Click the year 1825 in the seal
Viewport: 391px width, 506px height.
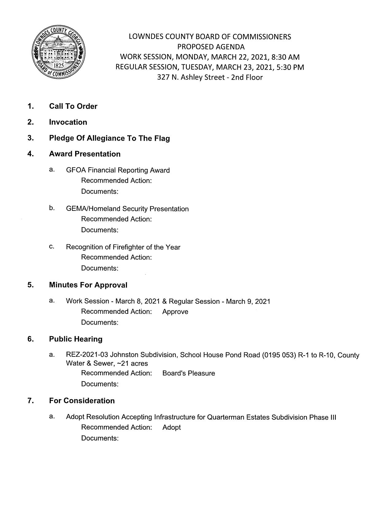click(59, 66)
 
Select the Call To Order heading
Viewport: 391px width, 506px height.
click(73, 106)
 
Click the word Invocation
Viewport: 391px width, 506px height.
click(68, 122)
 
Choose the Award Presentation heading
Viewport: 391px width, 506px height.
click(85, 154)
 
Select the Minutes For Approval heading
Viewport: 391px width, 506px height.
click(88, 285)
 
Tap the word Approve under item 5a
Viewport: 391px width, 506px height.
click(175, 312)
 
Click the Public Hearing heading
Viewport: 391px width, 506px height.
click(76, 339)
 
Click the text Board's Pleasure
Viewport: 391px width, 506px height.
click(189, 373)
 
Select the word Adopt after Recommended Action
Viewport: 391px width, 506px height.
click(171, 428)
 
